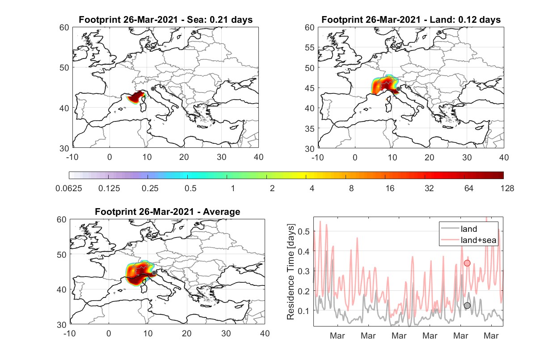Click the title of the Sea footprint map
[165, 20]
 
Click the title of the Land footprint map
[411, 20]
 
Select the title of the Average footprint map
[167, 212]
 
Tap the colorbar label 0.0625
[69, 188]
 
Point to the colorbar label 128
[507, 188]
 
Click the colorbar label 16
[390, 188]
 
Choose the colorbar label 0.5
[190, 188]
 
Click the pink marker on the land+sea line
[467, 263]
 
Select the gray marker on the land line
[467, 306]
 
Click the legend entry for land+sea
[468, 240]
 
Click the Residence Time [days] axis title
[291, 272]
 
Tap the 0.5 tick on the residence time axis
[304, 231]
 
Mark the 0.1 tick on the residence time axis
[304, 311]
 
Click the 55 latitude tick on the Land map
[310, 47]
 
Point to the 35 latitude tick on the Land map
[310, 129]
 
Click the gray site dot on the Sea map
[153, 89]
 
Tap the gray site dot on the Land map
[398, 89]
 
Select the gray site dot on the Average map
[154, 273]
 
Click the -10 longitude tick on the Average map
[70, 333]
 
